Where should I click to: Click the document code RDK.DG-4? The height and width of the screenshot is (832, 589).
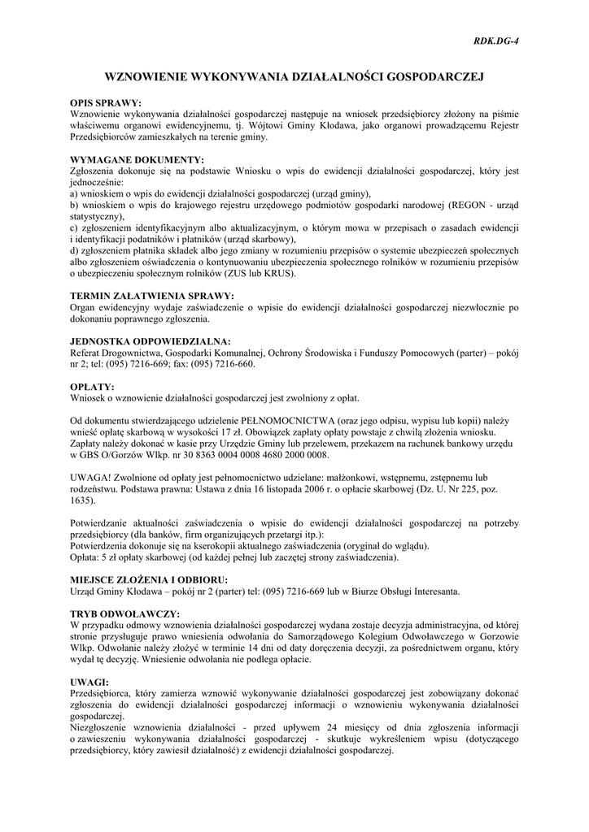click(495, 40)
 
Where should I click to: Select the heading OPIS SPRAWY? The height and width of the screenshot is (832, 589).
click(106, 104)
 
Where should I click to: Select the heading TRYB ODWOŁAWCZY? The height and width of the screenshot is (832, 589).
click(125, 613)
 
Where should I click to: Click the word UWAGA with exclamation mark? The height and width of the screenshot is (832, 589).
click(92, 478)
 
